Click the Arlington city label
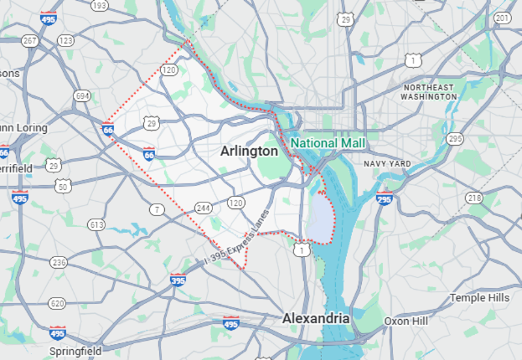(x=249, y=152)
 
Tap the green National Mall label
(x=328, y=143)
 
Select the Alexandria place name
(x=315, y=319)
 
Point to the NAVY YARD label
(x=387, y=162)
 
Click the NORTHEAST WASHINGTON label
(x=429, y=92)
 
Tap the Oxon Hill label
(x=406, y=321)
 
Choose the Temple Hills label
(x=479, y=297)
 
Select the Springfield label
(x=75, y=351)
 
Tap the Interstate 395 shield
(x=178, y=280)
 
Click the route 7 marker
(x=157, y=208)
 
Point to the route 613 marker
(x=96, y=224)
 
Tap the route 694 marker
(x=81, y=96)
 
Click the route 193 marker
(x=100, y=5)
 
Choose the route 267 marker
(x=30, y=41)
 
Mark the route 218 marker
(x=474, y=198)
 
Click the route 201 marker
(x=503, y=18)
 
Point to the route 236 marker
(x=58, y=263)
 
